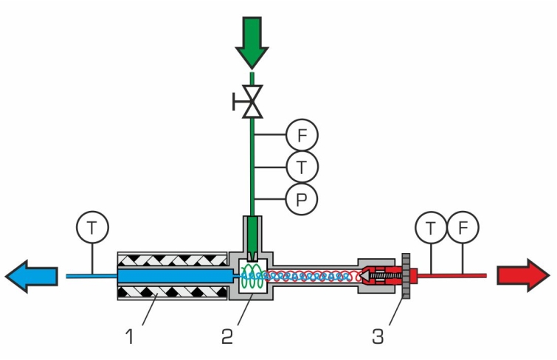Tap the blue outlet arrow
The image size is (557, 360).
[x=31, y=276]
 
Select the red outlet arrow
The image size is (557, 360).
[x=523, y=275]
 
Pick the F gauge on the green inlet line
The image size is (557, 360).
[x=302, y=136]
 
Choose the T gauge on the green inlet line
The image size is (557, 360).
[x=302, y=167]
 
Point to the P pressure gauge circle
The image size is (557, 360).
[x=302, y=199]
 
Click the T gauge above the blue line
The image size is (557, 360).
[x=91, y=228]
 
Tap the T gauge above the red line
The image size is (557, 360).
[x=431, y=227]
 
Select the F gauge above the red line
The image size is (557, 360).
[x=463, y=227]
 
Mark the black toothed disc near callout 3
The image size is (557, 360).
[x=406, y=276]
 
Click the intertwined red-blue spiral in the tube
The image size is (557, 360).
[x=310, y=276]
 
